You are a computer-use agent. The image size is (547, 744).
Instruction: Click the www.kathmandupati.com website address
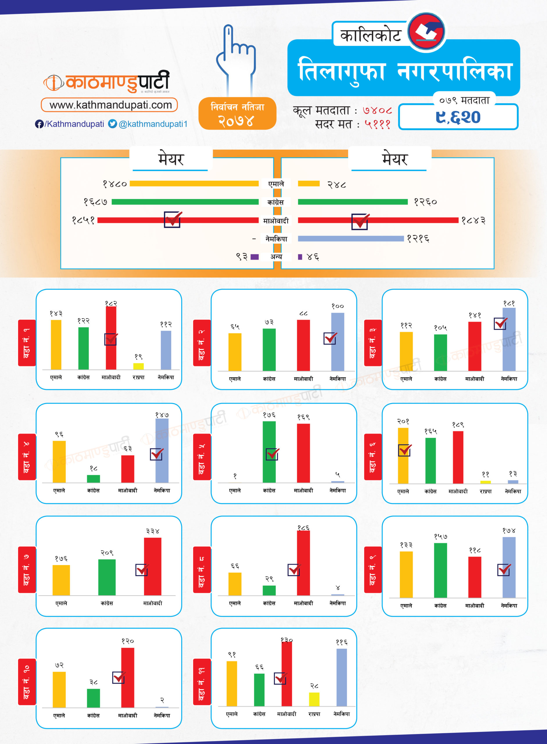[x=111, y=105]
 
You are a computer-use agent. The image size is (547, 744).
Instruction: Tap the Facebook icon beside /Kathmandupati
[x=39, y=124]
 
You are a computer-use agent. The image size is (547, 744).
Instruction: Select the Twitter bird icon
[x=113, y=124]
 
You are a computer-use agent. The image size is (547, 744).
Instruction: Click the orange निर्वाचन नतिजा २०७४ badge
[x=237, y=113]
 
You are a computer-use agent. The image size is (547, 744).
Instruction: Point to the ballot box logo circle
[x=426, y=32]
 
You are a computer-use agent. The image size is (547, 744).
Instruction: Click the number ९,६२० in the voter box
[x=458, y=117]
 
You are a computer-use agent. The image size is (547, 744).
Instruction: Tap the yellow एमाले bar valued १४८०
[x=194, y=183]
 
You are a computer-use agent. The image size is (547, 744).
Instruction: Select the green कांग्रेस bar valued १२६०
[x=353, y=202]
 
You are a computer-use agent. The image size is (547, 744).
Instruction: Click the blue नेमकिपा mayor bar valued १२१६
[x=351, y=239]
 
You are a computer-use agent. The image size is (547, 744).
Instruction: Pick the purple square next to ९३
[x=255, y=257]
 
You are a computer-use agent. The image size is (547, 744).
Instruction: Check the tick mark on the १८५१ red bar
[x=173, y=219]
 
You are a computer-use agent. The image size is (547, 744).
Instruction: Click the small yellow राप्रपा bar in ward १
[x=138, y=366]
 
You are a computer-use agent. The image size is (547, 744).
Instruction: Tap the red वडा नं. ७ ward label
[x=27, y=569]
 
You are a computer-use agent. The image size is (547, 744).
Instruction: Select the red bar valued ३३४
[x=153, y=566]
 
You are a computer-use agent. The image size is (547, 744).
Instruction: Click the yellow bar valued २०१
[x=403, y=455]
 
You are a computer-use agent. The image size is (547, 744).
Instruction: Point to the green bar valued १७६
[x=269, y=452]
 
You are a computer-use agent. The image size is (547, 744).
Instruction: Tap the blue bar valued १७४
[x=509, y=567]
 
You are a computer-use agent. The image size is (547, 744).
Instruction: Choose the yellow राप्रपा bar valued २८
[x=314, y=699]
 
